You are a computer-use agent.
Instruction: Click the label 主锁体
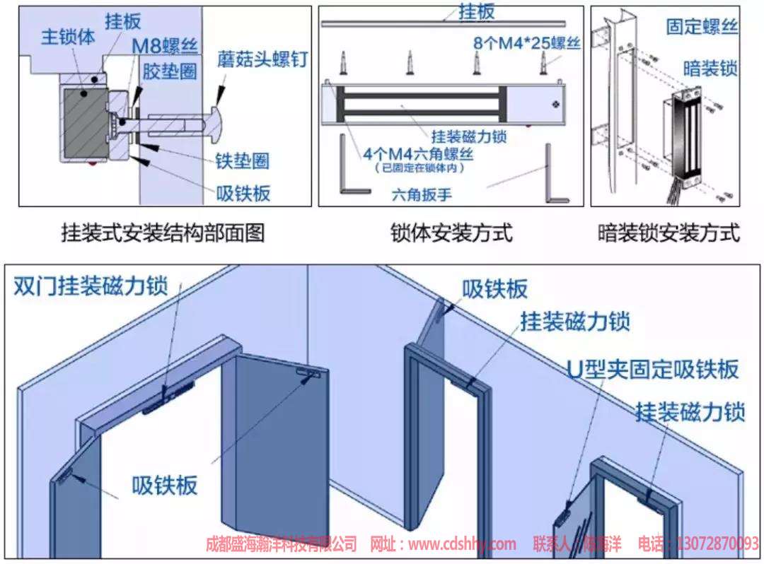coord(68,37)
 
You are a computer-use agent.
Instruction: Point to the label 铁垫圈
coord(243,160)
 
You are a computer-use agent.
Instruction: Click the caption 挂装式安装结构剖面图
coord(163,233)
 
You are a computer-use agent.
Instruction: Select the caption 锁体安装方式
coord(451,233)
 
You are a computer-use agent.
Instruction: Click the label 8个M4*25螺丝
coord(527,43)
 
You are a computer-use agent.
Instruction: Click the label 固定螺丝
coord(702,27)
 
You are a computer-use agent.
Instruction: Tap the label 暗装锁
coord(710,68)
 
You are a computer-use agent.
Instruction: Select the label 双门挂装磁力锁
coord(91,286)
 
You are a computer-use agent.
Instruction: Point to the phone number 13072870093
coord(717,544)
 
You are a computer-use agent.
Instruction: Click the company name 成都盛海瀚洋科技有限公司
coord(281,544)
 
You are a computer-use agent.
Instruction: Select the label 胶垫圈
coord(170,71)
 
